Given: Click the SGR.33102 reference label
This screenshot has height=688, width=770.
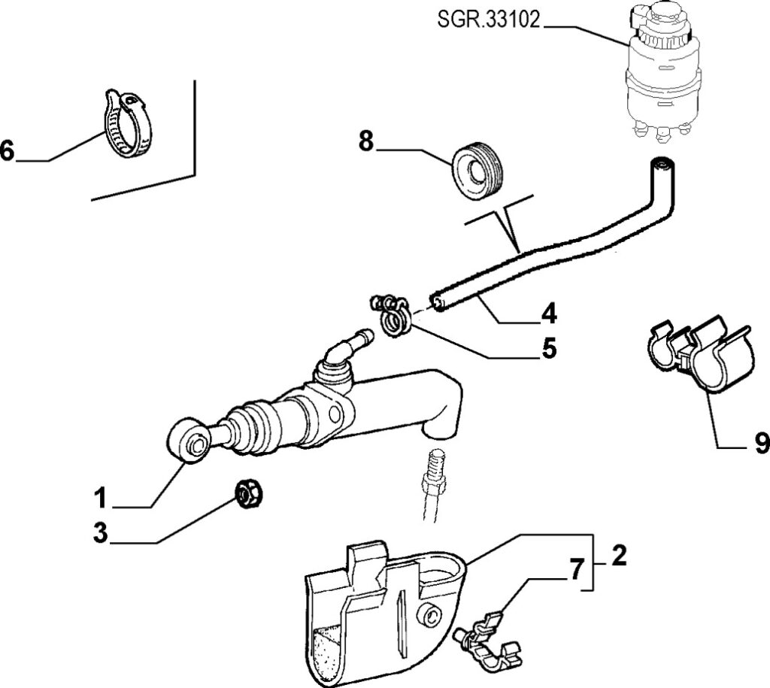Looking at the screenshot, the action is click(x=489, y=20).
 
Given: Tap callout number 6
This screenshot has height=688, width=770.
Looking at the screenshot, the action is click(x=7, y=150).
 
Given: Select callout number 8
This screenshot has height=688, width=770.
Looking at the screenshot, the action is click(x=366, y=141).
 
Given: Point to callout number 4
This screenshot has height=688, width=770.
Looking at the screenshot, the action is click(x=548, y=313).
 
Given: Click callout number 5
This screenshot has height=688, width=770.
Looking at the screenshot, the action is click(x=549, y=347).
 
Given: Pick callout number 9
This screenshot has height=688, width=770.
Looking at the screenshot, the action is click(x=761, y=443).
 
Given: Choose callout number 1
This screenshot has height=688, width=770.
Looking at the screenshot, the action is click(x=100, y=498).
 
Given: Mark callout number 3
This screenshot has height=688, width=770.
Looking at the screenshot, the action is click(x=100, y=533).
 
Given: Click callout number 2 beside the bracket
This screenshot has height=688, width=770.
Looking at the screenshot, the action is click(x=620, y=556).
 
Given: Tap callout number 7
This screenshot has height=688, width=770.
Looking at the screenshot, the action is click(x=577, y=570).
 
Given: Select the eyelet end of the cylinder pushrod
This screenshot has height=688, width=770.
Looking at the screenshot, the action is click(x=189, y=440).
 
